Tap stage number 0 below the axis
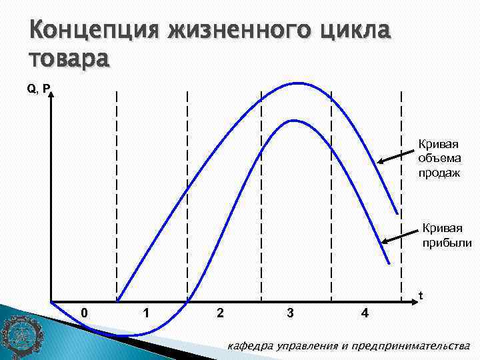pos(84,313)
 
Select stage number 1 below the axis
pos(145,313)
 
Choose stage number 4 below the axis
pos(364,313)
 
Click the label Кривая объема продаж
pos(439,159)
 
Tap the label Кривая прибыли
pos(446,236)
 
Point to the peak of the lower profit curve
pos(293,121)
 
